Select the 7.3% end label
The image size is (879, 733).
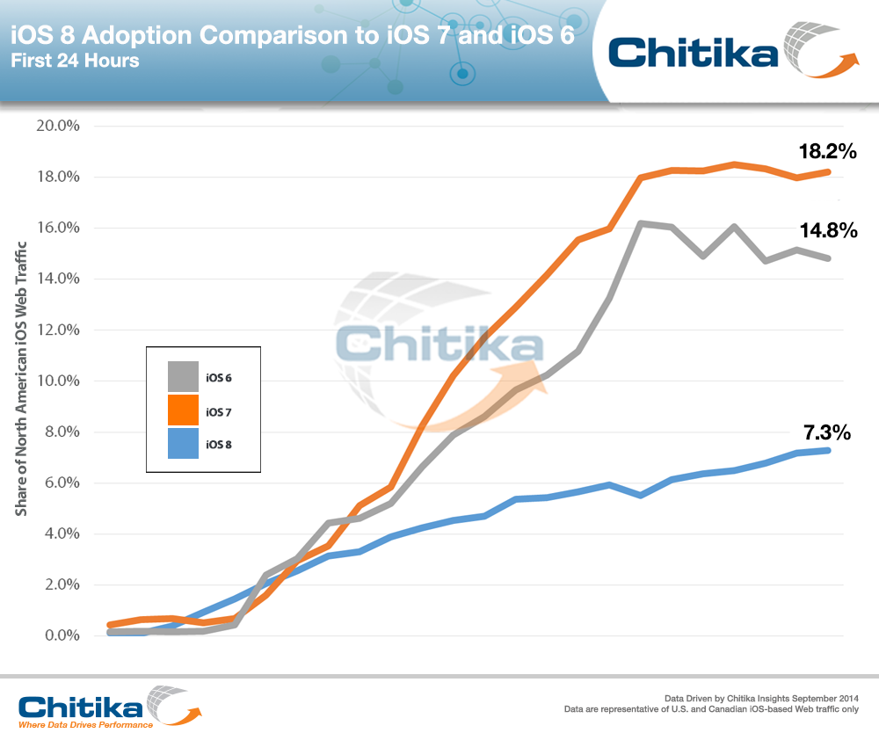click(x=826, y=432)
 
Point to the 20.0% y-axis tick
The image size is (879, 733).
click(x=56, y=126)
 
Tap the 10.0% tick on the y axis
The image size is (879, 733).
click(x=56, y=381)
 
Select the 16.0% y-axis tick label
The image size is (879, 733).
click(x=56, y=228)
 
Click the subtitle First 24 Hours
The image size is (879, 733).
click(x=75, y=62)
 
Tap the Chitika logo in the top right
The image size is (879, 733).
click(x=730, y=51)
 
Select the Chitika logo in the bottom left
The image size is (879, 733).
click(x=105, y=706)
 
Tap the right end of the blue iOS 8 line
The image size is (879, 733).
click(x=828, y=450)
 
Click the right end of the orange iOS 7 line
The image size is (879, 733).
click(x=828, y=171)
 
